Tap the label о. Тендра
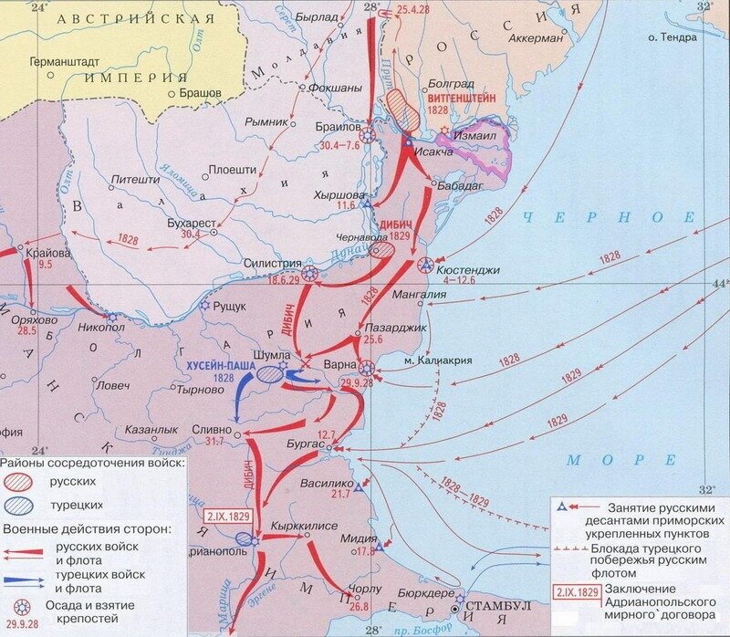click(672, 37)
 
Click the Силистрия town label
click(272, 263)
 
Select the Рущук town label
click(232, 308)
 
